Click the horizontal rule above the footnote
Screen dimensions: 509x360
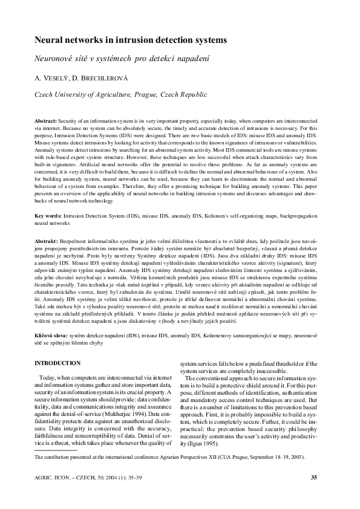click(56, 451)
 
